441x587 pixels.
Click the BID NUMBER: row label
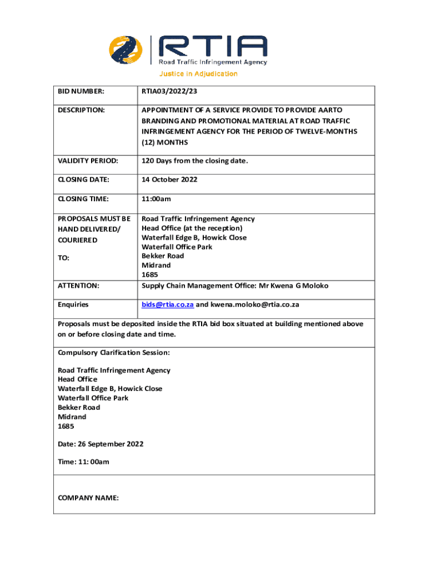tap(81, 91)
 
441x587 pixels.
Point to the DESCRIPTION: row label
tap(81, 109)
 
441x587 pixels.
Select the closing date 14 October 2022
tap(170, 179)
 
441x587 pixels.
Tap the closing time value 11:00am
tap(156, 199)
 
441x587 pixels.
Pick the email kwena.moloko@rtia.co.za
tap(254, 304)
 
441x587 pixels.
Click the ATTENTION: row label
tap(78, 285)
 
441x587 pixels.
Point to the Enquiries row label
tap(73, 304)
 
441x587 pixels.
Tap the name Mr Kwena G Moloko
tap(292, 285)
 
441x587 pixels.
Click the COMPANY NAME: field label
tap(88, 498)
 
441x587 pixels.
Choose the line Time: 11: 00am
tap(84, 461)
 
